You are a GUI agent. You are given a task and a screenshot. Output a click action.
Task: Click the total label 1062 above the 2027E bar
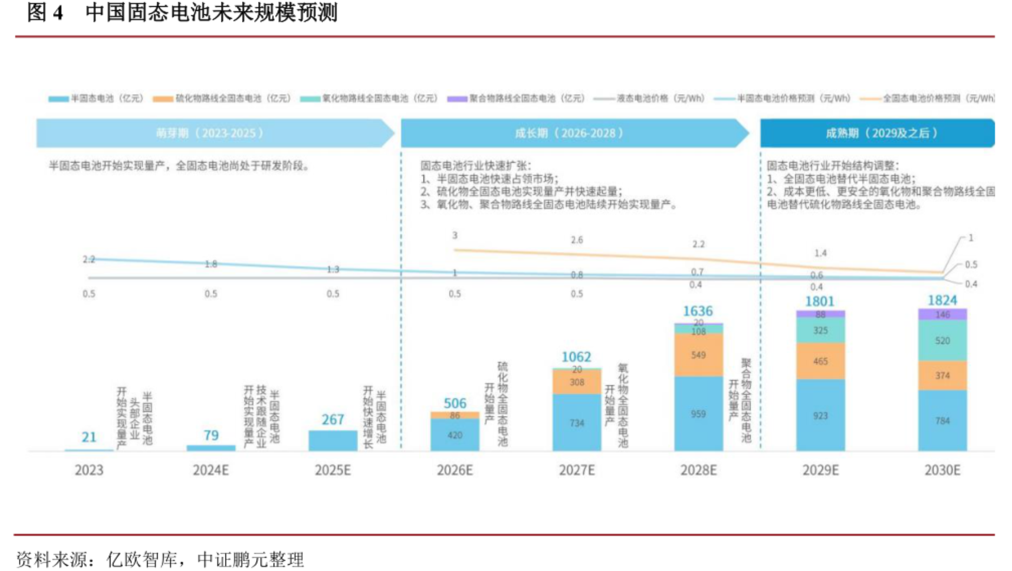click(x=576, y=357)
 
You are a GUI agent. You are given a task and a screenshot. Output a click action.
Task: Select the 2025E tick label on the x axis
click(x=333, y=470)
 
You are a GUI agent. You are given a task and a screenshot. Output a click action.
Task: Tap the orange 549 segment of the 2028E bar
click(x=698, y=355)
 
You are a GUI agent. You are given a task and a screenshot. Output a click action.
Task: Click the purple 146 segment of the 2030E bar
click(x=942, y=315)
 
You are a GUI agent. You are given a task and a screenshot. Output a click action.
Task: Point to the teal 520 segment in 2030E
click(x=942, y=341)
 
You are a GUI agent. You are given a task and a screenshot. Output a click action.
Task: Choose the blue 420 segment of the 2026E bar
click(x=455, y=435)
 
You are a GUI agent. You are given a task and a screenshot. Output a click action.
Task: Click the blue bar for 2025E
click(x=333, y=441)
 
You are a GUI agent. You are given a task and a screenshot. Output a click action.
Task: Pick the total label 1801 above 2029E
click(x=820, y=302)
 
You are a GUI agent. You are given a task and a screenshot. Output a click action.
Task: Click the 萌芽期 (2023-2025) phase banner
click(x=210, y=133)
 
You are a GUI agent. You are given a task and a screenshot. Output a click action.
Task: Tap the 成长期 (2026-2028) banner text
click(x=569, y=133)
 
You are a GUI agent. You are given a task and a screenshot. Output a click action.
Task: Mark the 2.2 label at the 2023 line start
click(x=89, y=259)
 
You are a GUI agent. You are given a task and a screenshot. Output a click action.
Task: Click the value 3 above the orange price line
click(x=455, y=235)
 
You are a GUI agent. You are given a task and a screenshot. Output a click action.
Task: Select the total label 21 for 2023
click(x=89, y=437)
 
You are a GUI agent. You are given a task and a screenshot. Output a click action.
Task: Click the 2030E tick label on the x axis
click(x=942, y=470)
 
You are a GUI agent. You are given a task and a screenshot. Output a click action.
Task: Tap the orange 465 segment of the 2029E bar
click(x=820, y=361)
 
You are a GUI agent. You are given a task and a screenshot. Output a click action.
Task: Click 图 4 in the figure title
click(x=45, y=13)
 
